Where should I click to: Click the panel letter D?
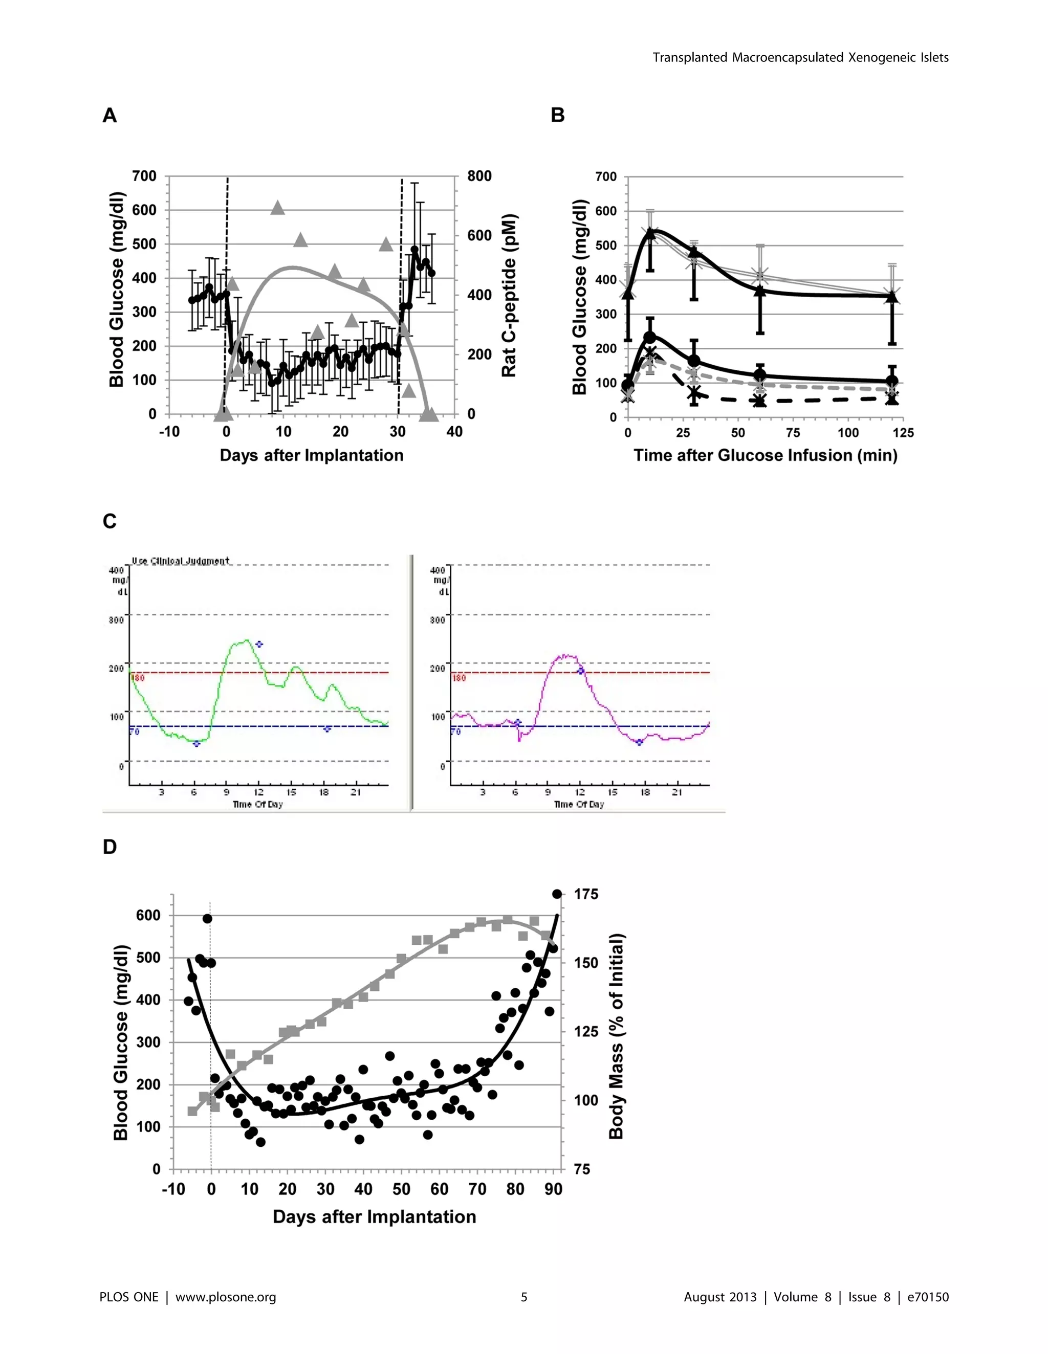click(110, 847)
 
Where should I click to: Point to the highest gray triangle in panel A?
click(278, 208)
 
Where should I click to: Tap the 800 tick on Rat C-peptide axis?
click(479, 176)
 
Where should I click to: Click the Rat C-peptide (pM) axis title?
click(509, 296)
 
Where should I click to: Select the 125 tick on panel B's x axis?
click(903, 433)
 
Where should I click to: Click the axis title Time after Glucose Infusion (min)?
click(765, 456)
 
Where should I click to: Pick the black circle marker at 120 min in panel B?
click(892, 381)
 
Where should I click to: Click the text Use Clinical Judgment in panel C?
click(181, 561)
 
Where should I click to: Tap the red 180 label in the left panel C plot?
click(138, 678)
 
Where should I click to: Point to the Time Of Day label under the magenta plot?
click(579, 804)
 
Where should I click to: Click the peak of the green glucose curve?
click(246, 640)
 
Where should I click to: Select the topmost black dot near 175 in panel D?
click(557, 894)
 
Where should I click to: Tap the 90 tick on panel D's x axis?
click(553, 1189)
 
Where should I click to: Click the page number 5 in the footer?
click(524, 1297)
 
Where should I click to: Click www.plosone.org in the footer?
click(226, 1297)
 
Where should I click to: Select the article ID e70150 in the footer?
click(928, 1297)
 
